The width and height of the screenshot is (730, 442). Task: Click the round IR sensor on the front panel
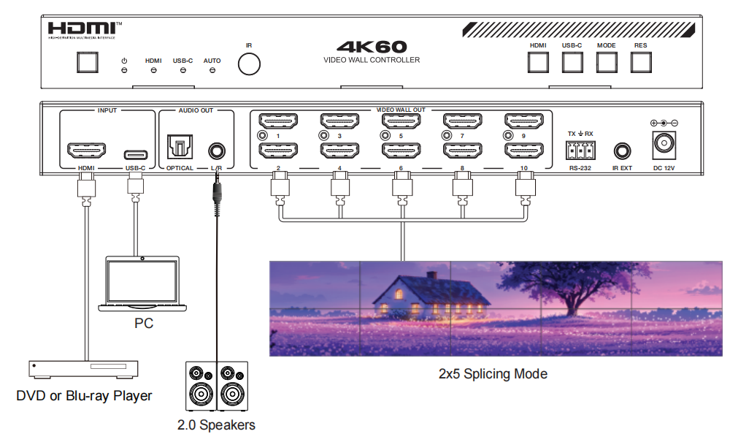tap(249, 64)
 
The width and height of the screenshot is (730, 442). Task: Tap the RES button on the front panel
tap(640, 62)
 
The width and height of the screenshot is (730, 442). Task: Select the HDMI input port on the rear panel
tap(87, 152)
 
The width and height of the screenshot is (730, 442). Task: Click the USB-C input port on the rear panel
tap(135, 154)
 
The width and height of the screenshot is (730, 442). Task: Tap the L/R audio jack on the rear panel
tap(217, 151)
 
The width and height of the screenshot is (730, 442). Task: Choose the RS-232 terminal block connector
tap(580, 150)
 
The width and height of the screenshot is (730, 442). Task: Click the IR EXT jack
tap(622, 151)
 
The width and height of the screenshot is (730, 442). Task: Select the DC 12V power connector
tap(664, 143)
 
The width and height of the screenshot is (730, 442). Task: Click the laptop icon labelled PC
tap(142, 285)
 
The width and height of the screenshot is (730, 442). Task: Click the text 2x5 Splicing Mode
tap(493, 374)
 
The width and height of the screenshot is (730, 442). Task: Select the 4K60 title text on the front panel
tap(372, 47)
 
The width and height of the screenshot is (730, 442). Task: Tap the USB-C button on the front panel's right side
tap(572, 62)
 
